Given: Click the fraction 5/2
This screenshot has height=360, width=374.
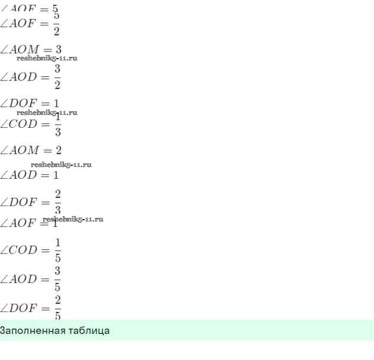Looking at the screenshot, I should click(x=57, y=24).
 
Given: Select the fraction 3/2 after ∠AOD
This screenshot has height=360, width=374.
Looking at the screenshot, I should click(x=57, y=77).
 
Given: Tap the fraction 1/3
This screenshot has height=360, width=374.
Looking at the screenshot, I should click(x=57, y=124).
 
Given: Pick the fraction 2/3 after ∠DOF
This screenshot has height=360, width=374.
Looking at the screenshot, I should click(x=57, y=202).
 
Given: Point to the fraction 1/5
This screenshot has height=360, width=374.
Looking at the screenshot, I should click(x=57, y=250).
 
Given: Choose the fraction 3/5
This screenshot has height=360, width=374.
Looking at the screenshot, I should click(x=57, y=279).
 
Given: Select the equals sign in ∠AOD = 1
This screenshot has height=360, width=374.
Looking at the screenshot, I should click(x=45, y=175).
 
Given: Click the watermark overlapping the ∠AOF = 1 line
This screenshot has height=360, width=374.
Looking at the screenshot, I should click(x=73, y=219).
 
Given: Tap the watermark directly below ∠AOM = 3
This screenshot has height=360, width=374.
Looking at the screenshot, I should click(x=47, y=58).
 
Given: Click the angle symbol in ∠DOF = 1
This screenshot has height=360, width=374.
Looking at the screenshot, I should click(x=5, y=103).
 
